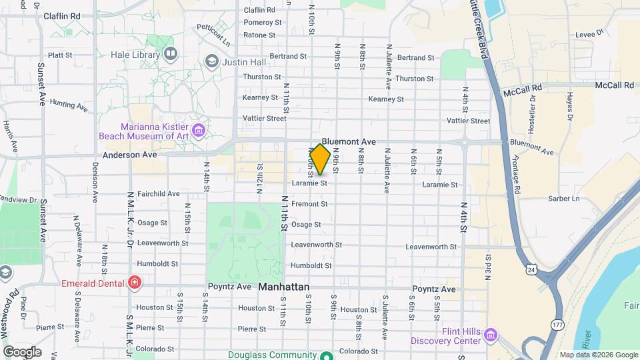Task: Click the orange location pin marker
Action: point(321,159)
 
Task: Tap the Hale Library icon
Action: point(171,53)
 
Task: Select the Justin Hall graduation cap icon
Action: point(212,62)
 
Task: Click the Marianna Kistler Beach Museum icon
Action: point(198,129)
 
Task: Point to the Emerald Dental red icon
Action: point(135,283)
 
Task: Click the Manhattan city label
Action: point(284,287)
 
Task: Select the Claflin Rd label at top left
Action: point(61,15)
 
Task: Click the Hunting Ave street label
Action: point(69,105)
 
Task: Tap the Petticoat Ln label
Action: point(213,29)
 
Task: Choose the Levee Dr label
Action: point(589,31)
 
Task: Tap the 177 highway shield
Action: point(557,324)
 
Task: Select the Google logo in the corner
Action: point(22,352)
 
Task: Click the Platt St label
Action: point(61,55)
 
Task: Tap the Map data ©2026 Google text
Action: point(599,355)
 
